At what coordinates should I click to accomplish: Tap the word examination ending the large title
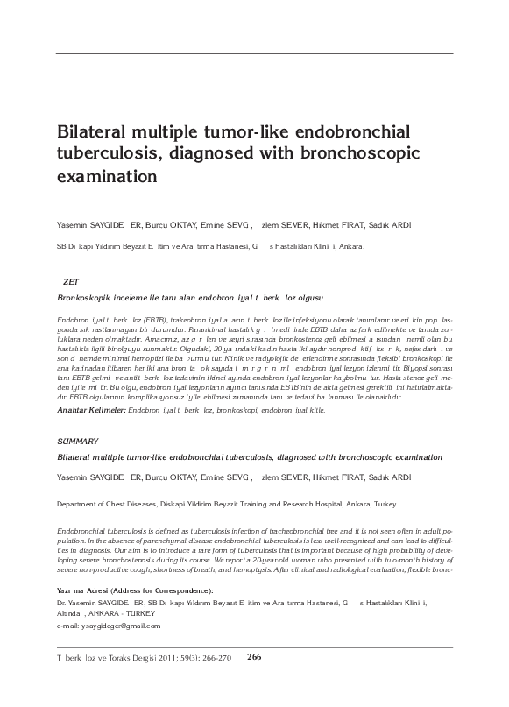105,175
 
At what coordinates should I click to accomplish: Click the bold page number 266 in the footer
255,658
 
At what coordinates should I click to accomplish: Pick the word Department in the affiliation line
76,506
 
